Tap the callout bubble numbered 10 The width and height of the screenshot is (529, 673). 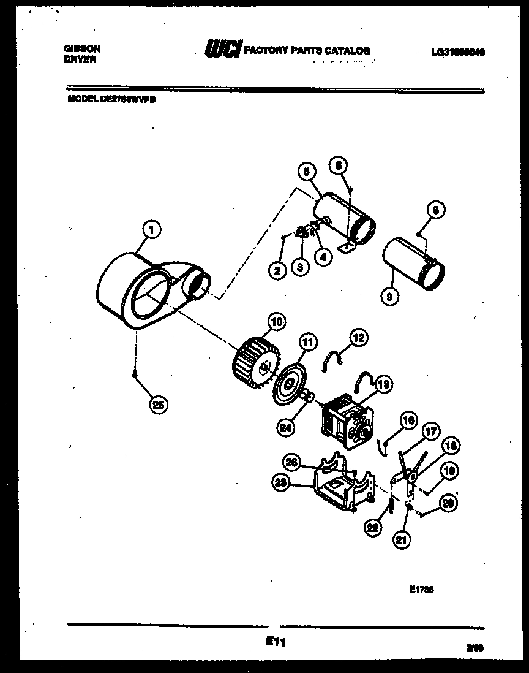coord(276,321)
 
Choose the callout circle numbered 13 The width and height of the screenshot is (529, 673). coord(383,384)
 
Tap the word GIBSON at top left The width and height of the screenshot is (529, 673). coord(82,48)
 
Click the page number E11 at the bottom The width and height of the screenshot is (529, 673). coord(276,641)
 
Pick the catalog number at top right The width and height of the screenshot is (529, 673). coord(457,52)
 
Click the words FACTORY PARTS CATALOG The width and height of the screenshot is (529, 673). coord(307,51)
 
